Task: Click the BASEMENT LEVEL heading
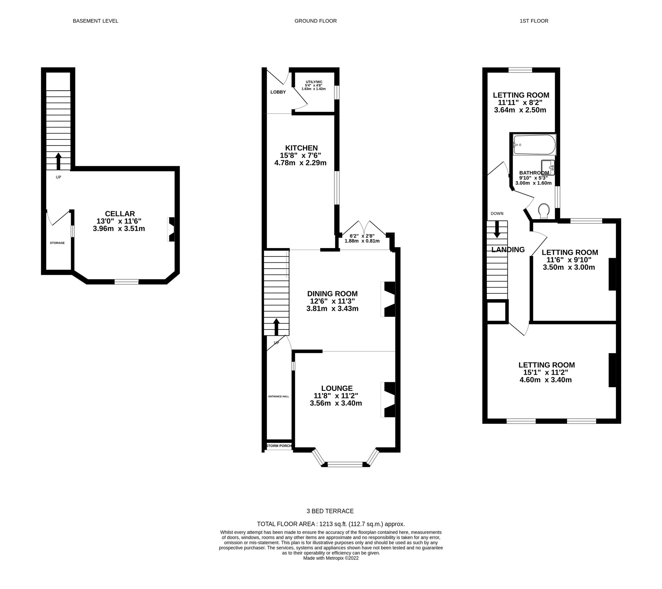pyautogui.click(x=95, y=21)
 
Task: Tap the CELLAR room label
pyautogui.click(x=120, y=214)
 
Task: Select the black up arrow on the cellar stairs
pyautogui.click(x=58, y=161)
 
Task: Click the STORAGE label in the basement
pyautogui.click(x=57, y=243)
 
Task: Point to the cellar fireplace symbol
pyautogui.click(x=172, y=229)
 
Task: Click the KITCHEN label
pyautogui.click(x=301, y=148)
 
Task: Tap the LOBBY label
pyautogui.click(x=278, y=92)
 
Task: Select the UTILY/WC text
pyautogui.click(x=314, y=82)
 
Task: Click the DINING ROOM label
pyautogui.click(x=332, y=294)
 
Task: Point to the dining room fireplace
pyautogui.click(x=389, y=299)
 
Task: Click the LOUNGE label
pyautogui.click(x=337, y=388)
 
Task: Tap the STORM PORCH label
pyautogui.click(x=279, y=446)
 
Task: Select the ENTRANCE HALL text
pyautogui.click(x=279, y=396)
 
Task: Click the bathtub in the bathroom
pyautogui.click(x=534, y=145)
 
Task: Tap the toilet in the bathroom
pyautogui.click(x=543, y=211)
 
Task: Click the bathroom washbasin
pyautogui.click(x=548, y=167)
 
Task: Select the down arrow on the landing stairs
pyautogui.click(x=497, y=229)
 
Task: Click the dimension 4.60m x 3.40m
pyautogui.click(x=546, y=380)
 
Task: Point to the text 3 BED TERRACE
pyautogui.click(x=330, y=511)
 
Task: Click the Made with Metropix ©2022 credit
pyautogui.click(x=331, y=558)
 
